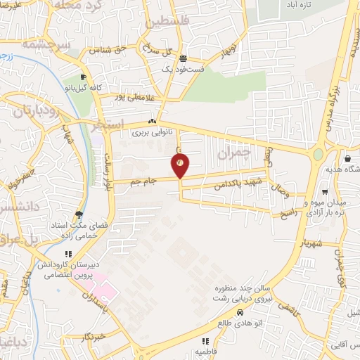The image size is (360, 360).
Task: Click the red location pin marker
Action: [180, 166]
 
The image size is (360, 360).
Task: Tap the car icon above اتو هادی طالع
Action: [240, 313]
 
